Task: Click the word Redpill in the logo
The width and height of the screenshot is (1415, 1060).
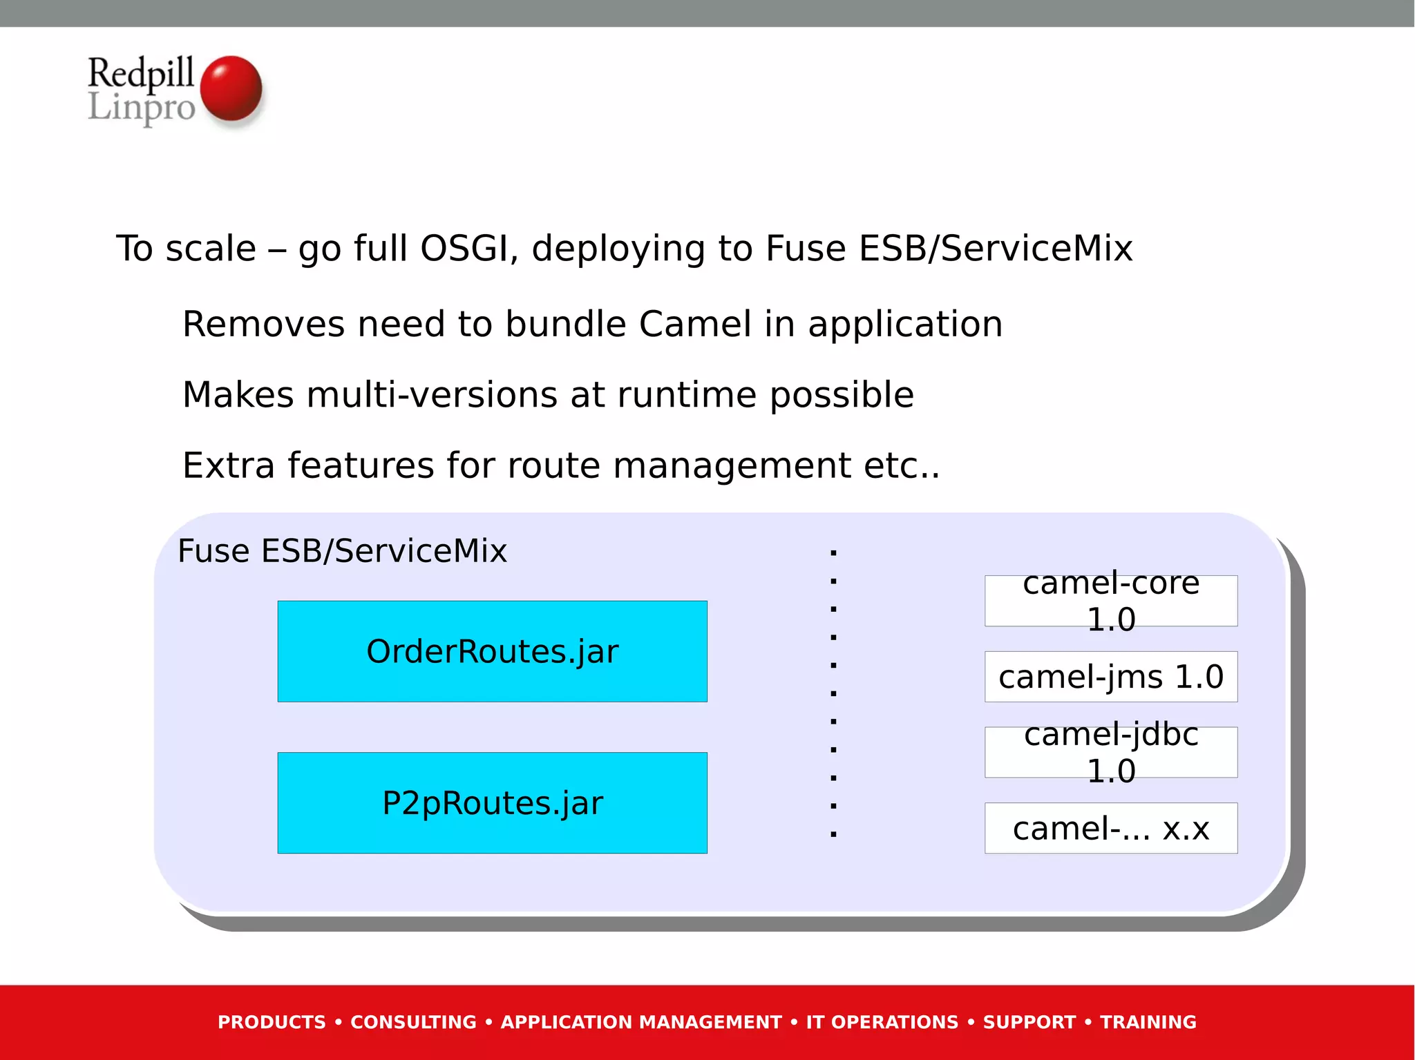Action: pos(140,73)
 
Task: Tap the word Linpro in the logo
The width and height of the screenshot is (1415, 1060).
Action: pos(142,108)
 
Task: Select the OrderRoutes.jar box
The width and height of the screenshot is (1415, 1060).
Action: pos(492,651)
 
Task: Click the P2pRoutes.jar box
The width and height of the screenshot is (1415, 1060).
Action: pos(492,802)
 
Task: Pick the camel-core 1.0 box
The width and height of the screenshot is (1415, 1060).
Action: pos(1110,601)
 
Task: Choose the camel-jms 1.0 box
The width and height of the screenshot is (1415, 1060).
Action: pos(1110,677)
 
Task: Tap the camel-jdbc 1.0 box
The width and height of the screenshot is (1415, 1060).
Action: pos(1110,752)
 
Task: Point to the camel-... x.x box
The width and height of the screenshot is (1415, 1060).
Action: pos(1110,828)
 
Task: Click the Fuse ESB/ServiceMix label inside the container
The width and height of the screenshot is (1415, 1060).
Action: pos(342,551)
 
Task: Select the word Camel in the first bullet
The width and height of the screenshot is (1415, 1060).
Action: pos(694,325)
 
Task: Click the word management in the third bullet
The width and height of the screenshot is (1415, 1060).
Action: pos(732,465)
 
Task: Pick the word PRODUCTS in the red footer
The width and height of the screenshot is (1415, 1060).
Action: pos(272,1022)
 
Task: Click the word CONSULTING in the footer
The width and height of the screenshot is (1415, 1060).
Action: pos(413,1022)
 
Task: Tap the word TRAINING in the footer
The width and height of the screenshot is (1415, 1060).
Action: pos(1148,1022)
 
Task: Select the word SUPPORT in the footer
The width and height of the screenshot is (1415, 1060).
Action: pos(1029,1022)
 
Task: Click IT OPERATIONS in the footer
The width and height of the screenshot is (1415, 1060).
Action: pos(882,1022)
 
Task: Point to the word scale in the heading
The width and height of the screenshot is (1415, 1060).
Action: pos(211,249)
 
